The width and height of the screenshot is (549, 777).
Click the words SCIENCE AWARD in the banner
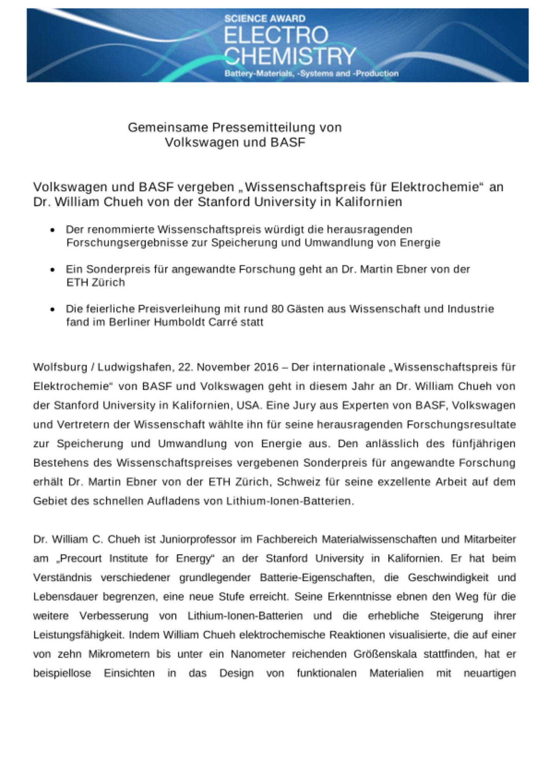(x=265, y=18)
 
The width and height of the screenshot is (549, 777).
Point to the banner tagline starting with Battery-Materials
(x=311, y=73)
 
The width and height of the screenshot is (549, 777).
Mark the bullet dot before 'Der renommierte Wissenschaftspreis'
(x=52, y=230)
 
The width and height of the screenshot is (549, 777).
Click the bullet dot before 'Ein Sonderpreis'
(x=52, y=270)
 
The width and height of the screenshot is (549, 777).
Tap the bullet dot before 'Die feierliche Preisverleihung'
(x=52, y=309)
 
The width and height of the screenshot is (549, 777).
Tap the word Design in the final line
(x=236, y=673)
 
